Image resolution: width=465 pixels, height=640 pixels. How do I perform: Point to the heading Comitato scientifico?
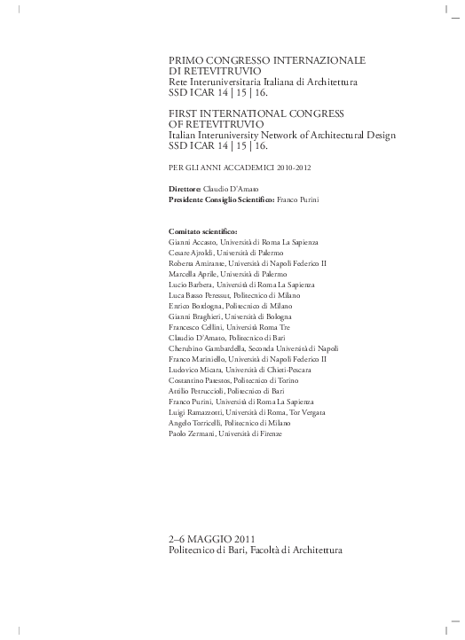(x=202, y=231)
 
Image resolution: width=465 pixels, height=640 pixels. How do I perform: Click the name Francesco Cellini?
(x=193, y=327)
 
